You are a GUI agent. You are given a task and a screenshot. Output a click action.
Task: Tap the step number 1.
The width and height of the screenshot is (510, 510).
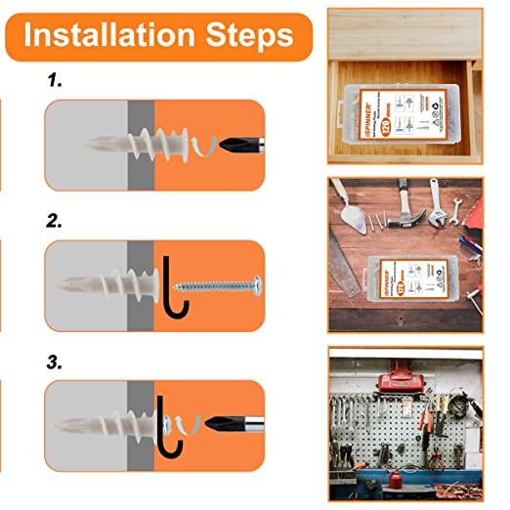(57, 82)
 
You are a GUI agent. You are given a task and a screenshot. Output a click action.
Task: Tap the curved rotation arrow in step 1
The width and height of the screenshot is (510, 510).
(204, 147)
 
